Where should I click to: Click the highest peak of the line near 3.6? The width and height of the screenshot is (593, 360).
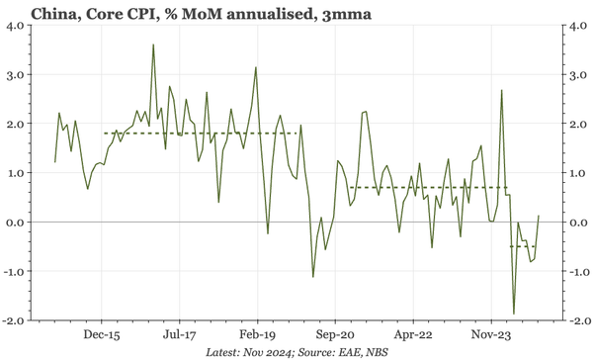153,45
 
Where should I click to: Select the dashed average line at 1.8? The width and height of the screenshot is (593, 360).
198,134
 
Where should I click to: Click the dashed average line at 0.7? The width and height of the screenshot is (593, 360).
425,188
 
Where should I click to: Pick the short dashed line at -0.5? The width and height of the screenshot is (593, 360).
522,246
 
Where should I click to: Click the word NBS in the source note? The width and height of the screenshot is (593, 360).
380,351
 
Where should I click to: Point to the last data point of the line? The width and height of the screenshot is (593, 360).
539,215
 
